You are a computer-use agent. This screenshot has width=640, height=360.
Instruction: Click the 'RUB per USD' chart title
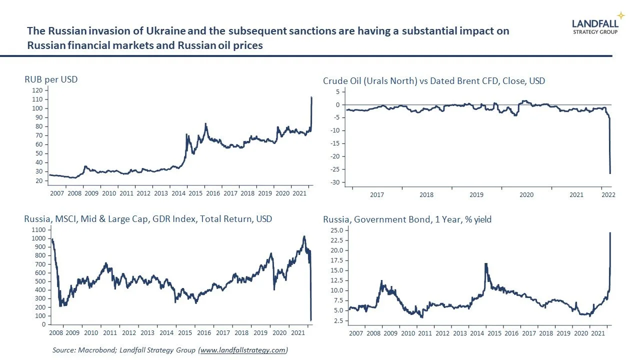pos(51,79)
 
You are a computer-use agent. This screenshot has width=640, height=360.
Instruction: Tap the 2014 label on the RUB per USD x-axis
pos(178,193)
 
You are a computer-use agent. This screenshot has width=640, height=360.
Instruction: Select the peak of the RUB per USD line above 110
pos(311,97)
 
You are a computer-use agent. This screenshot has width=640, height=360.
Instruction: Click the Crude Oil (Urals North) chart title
pos(434,80)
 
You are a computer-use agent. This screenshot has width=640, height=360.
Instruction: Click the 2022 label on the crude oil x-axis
pos(607,195)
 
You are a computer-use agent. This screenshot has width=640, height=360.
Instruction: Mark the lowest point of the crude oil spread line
pos(610,173)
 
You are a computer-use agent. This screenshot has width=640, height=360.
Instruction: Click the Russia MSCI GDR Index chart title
pos(148,218)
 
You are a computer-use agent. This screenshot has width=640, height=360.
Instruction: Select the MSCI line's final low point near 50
pos(311,320)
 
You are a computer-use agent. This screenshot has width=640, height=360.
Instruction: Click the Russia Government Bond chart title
pos(407,219)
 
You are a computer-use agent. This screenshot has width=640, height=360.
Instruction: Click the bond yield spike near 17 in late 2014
pos(485,263)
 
